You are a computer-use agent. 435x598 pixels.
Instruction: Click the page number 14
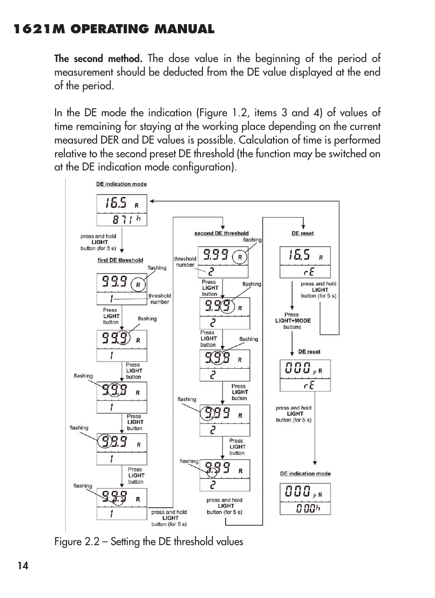pyautogui.click(x=23, y=566)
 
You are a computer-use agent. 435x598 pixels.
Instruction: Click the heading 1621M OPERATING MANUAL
pyautogui.click(x=114, y=29)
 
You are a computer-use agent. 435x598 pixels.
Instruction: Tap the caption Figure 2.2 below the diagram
pyautogui.click(x=149, y=541)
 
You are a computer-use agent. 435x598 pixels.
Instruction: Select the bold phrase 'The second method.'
pyautogui.click(x=98, y=59)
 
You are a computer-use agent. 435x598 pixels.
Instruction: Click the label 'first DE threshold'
pyautogui.click(x=120, y=260)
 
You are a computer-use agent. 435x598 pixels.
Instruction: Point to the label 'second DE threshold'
pyautogui.click(x=222, y=233)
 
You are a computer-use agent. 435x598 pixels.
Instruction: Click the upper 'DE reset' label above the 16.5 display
pyautogui.click(x=303, y=233)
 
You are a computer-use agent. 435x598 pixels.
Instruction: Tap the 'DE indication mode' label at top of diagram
pyautogui.click(x=121, y=184)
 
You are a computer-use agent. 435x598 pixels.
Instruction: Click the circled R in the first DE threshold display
pyautogui.click(x=138, y=285)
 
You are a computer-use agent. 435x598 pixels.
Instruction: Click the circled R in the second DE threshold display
pyautogui.click(x=240, y=257)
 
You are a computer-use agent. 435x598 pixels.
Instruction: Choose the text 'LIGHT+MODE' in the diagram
pyautogui.click(x=293, y=320)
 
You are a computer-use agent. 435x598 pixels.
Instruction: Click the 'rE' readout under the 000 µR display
pyautogui.click(x=309, y=386)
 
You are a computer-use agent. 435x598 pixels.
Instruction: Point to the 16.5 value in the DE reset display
pyautogui.click(x=299, y=255)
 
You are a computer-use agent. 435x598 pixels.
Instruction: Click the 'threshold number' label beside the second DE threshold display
pyautogui.click(x=185, y=262)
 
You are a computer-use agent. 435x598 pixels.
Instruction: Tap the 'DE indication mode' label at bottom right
pyautogui.click(x=305, y=474)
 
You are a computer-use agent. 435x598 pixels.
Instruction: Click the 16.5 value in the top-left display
pyautogui.click(x=116, y=203)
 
